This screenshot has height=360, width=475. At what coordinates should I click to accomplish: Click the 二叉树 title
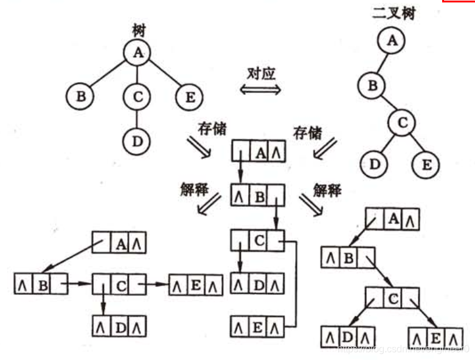394,13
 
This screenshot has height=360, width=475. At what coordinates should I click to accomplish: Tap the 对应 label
260,74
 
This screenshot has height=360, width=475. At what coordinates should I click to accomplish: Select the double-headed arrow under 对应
260,90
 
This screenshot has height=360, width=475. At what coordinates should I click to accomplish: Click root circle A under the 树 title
138,53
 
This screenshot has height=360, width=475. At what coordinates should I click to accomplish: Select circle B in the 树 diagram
81,96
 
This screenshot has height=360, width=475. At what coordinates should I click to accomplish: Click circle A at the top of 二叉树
392,41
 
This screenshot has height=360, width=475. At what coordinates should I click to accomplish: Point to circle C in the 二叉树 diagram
402,122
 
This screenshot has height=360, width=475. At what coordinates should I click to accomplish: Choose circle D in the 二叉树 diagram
375,164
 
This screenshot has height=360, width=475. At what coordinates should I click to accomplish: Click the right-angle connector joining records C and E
294,283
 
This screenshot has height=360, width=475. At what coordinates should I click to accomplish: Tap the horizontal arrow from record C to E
157,283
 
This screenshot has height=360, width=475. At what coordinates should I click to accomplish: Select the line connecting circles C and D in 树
137,118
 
